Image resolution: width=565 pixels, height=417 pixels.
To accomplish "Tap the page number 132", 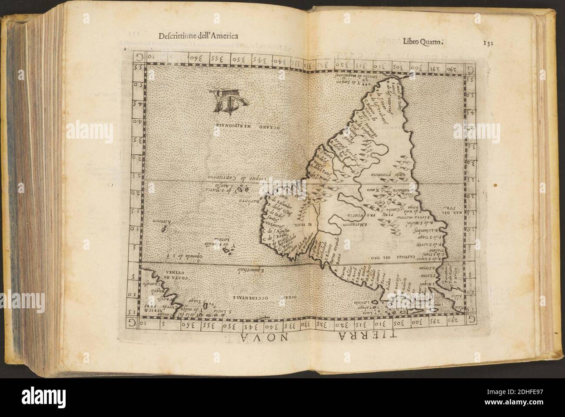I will click(489, 43).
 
